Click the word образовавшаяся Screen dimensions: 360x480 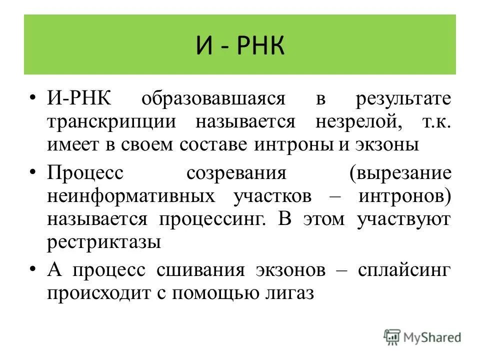pos(212,98)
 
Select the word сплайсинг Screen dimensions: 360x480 pos(404,270)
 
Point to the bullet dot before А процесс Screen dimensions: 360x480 pos(33,269)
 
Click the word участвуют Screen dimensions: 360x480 pos(404,219)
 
